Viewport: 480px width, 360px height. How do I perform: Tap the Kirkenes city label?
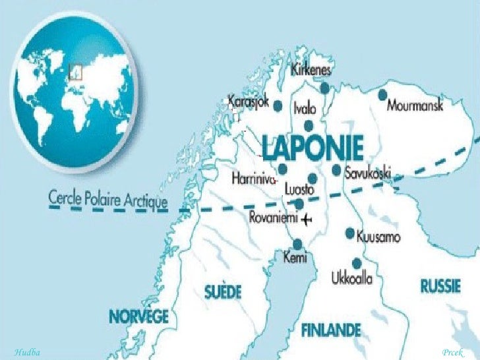click(311, 70)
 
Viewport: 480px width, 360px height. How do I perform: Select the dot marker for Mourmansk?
click(382, 95)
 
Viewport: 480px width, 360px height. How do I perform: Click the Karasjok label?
click(249, 102)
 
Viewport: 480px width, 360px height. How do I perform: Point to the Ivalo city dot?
click(309, 126)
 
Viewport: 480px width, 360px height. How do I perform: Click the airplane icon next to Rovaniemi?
click(308, 218)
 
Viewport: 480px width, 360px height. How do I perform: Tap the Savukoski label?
click(367, 173)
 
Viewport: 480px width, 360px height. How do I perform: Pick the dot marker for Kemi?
click(297, 243)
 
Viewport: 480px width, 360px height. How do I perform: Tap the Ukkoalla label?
click(351, 279)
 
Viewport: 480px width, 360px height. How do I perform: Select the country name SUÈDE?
click(223, 291)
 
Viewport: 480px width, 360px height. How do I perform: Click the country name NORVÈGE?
click(139, 315)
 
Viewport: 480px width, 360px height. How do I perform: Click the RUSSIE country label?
click(440, 286)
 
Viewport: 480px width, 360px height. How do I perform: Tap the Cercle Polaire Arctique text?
click(108, 199)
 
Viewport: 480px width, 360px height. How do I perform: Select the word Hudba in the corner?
click(27, 353)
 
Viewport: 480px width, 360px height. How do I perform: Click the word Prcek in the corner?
click(453, 353)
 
